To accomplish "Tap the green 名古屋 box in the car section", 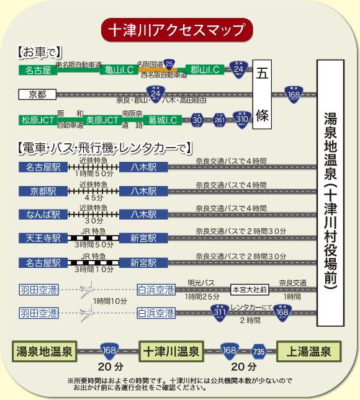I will pos(38,70).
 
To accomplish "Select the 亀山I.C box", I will pos(118,69).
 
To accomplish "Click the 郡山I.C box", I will pos(205,69).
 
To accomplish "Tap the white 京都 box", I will pos(38,95).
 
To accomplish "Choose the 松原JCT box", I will pos(38,120).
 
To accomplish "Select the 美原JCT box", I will pos(102,120).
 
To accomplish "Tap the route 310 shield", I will pos(241,118).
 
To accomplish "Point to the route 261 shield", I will pos(219,119).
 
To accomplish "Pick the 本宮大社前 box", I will pos(250,289).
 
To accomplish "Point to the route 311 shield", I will pos(218,313).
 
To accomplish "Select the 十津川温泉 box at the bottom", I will pos(171,352).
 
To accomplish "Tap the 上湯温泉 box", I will pos(308,352).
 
